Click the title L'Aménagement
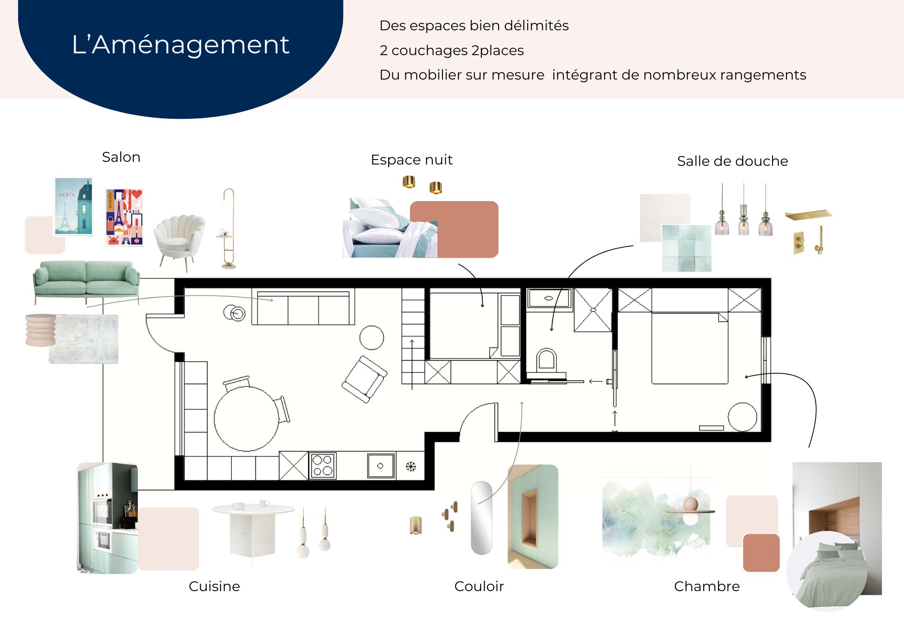(180, 45)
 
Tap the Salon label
(121, 157)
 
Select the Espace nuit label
(411, 160)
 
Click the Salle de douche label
(732, 161)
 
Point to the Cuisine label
(214, 586)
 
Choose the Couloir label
(479, 586)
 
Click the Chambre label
(706, 586)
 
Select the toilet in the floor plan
(546, 360)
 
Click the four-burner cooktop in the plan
(323, 465)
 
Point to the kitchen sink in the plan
(381, 466)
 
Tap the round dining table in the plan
(246, 418)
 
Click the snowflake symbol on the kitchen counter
(410, 467)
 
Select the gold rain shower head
(809, 215)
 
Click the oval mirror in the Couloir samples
(481, 518)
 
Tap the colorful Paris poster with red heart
(124, 217)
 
